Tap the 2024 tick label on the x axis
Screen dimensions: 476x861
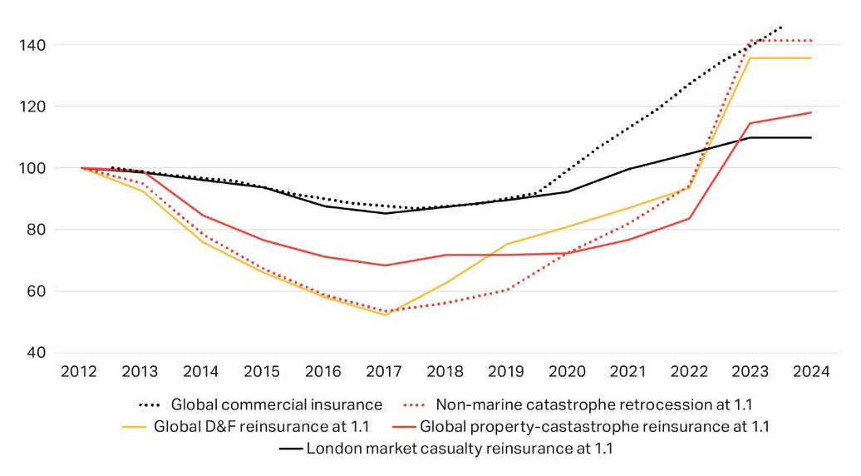pyautogui.click(x=811, y=372)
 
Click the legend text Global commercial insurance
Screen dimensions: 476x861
pyautogui.click(x=277, y=405)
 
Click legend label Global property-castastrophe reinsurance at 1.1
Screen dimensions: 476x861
pyautogui.click(x=594, y=427)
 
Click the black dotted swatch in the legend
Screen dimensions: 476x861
pyautogui.click(x=150, y=405)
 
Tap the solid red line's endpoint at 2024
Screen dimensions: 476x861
pyautogui.click(x=811, y=112)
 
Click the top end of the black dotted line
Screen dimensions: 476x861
pyautogui.click(x=780, y=27)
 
